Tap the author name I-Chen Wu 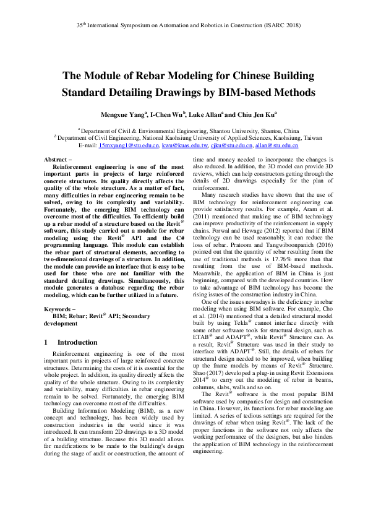tap(166, 114)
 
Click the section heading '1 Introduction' tap(70, 342)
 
